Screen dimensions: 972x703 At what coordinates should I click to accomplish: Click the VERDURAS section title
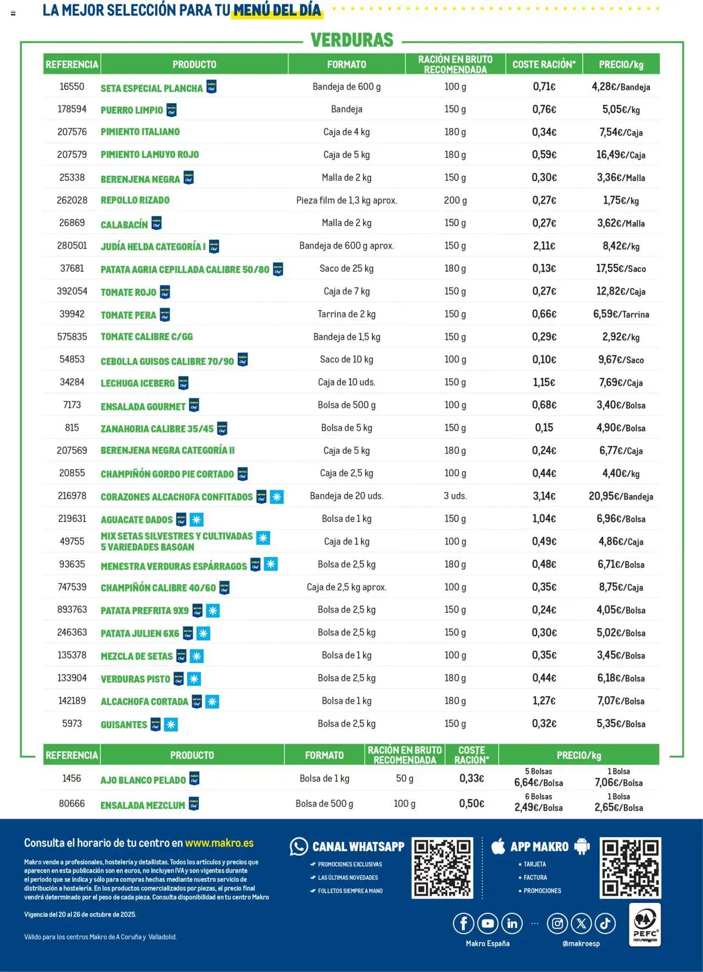(352, 40)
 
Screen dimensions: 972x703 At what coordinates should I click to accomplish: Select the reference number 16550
(72, 87)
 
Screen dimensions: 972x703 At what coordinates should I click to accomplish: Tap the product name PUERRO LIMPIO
(132, 110)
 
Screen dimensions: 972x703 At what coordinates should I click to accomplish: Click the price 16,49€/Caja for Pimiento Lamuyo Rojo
(621, 155)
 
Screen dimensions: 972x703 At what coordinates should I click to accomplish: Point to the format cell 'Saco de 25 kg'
(347, 268)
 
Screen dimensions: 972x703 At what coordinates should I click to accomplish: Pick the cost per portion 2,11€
(544, 246)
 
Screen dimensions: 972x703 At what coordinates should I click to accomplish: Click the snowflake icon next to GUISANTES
(171, 724)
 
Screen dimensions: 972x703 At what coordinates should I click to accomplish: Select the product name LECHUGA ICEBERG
(137, 383)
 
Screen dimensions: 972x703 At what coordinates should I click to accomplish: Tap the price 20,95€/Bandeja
(621, 496)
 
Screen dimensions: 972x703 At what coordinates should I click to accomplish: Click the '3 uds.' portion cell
(455, 496)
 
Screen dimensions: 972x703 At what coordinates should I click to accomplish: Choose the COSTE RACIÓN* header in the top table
(544, 64)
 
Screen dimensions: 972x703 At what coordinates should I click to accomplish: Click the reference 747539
(72, 587)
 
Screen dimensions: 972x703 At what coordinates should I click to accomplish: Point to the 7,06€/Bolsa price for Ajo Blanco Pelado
(618, 783)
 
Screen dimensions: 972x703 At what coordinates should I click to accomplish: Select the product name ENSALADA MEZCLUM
(143, 805)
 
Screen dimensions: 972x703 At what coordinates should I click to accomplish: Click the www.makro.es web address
(219, 843)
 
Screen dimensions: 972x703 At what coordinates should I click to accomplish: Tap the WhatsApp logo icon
(299, 847)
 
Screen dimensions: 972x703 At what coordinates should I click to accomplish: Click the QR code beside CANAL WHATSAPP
(442, 868)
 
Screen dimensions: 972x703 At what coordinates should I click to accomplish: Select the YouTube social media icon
(487, 924)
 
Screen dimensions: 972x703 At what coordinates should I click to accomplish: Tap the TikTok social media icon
(605, 924)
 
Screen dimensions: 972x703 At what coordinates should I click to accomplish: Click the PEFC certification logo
(645, 925)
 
